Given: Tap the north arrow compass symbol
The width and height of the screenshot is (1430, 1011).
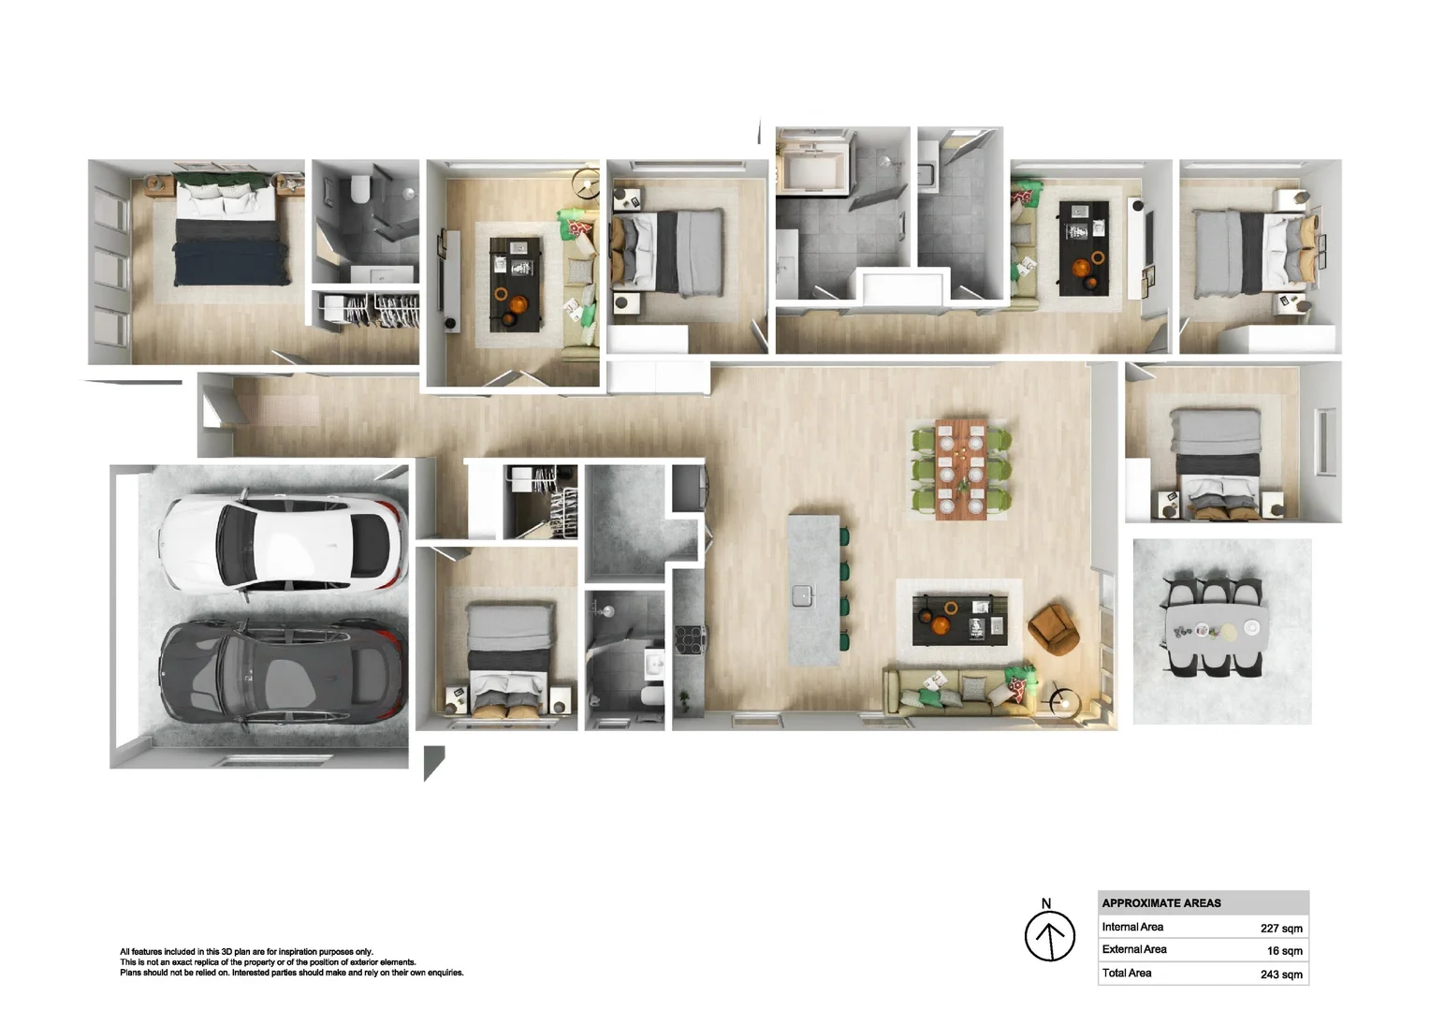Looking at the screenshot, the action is click(1049, 935).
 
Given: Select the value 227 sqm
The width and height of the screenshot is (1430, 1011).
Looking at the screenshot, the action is click(1281, 928).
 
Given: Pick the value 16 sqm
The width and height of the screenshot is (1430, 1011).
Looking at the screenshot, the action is click(1284, 950).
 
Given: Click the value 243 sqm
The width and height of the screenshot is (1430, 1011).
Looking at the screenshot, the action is click(1281, 974).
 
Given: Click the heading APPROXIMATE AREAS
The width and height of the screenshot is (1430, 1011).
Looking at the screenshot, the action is click(1161, 903).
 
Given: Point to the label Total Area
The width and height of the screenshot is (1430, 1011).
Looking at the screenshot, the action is click(1127, 973).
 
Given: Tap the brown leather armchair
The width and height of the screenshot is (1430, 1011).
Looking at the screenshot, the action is click(1054, 629).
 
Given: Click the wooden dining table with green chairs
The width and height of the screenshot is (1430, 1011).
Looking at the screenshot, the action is click(961, 469).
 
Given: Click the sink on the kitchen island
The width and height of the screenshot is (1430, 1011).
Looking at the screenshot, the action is click(802, 595).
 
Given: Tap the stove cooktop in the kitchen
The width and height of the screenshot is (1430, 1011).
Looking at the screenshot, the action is click(690, 639).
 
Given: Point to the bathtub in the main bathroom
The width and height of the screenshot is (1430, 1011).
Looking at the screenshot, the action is click(812, 168).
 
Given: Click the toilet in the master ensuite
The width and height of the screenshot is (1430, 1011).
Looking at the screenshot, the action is click(360, 188).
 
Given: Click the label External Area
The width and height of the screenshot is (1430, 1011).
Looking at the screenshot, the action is click(1133, 949).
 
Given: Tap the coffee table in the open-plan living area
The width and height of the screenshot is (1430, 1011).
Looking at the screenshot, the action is click(959, 620).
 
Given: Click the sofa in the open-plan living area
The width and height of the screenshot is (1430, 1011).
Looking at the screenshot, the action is click(957, 692).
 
